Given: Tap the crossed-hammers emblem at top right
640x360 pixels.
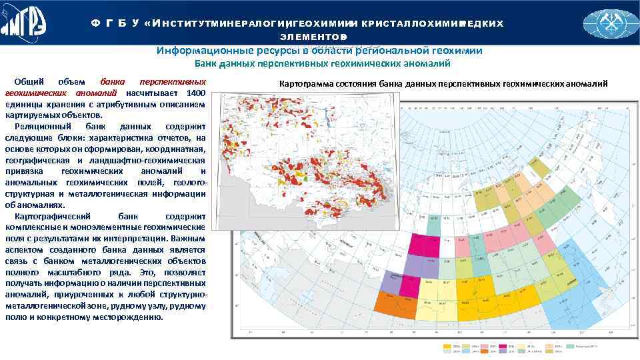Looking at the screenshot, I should click(x=609, y=24).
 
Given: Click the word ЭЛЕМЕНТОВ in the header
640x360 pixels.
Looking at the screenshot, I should click(x=313, y=35).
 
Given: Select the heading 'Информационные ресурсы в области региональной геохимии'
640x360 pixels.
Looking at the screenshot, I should click(x=319, y=51).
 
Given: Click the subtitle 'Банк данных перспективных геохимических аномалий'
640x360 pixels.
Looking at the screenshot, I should click(x=323, y=64).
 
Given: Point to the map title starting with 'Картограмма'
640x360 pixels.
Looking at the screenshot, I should click(x=443, y=83).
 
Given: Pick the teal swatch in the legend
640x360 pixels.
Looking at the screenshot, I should click(x=570, y=346).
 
